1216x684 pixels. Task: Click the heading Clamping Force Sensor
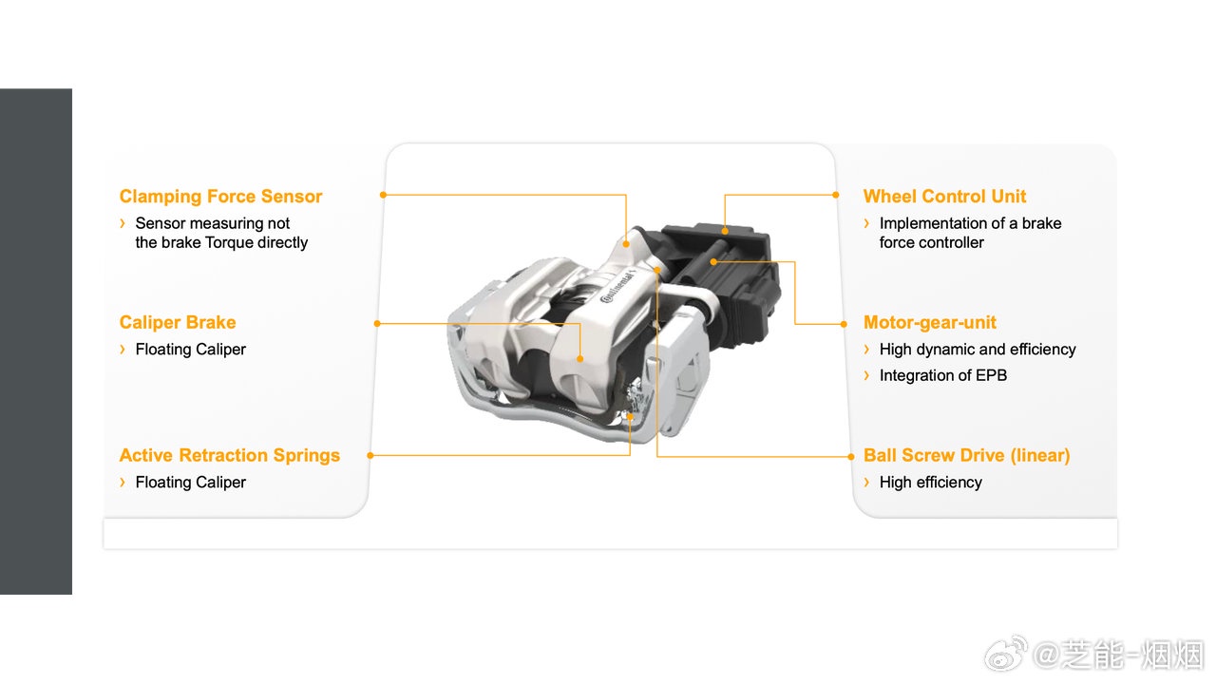tap(220, 197)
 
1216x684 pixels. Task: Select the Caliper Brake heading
tap(178, 322)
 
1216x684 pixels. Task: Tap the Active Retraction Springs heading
tap(230, 455)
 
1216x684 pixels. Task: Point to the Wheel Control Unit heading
tap(944, 196)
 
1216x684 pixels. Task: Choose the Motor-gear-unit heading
tap(930, 322)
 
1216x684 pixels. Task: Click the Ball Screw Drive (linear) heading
tap(967, 455)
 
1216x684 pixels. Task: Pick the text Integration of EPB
tap(943, 375)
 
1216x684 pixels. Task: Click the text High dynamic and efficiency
tap(978, 349)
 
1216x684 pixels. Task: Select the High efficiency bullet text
tap(931, 482)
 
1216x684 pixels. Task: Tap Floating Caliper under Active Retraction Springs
tap(191, 482)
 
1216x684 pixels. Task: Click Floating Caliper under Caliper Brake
tap(191, 349)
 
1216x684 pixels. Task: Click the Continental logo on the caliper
tap(617, 288)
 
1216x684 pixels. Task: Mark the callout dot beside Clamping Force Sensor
tap(383, 195)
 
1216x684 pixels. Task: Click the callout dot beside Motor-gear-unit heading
tap(844, 324)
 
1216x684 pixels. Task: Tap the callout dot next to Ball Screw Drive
tap(851, 457)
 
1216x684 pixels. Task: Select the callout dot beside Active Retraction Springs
tap(370, 455)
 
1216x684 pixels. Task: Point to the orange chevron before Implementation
tap(867, 223)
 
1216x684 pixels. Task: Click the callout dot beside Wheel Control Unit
tap(836, 195)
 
